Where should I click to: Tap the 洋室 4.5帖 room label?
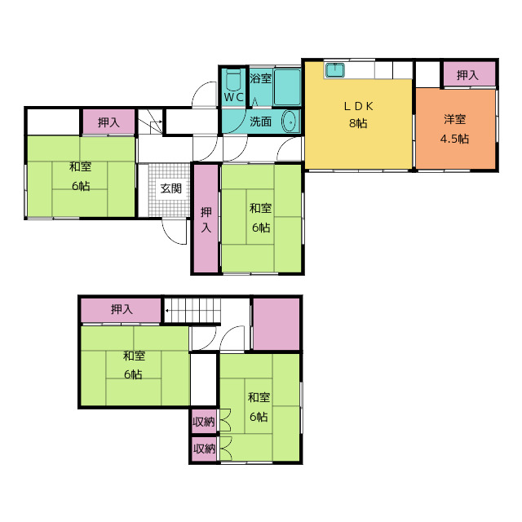[x=455, y=129]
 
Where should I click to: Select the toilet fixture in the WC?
[x=233, y=80]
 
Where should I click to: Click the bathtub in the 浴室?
[x=287, y=87]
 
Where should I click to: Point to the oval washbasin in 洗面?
[x=289, y=122]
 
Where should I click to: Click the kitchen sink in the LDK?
[x=335, y=70]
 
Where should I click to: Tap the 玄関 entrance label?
[x=170, y=188]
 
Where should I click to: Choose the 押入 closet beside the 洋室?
[x=469, y=74]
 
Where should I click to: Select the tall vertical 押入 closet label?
[x=206, y=219]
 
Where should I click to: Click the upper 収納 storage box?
[x=204, y=422]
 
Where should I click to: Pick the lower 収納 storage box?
[x=204, y=449]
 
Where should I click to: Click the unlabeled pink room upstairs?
[x=276, y=324]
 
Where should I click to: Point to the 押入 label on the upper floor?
[x=122, y=310]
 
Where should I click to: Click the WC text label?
[x=233, y=97]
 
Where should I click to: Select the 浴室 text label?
[x=261, y=78]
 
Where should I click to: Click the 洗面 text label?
[x=261, y=122]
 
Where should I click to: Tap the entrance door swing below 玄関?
[x=174, y=232]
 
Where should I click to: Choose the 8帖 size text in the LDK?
[x=358, y=123]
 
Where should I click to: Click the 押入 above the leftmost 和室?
[x=108, y=122]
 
